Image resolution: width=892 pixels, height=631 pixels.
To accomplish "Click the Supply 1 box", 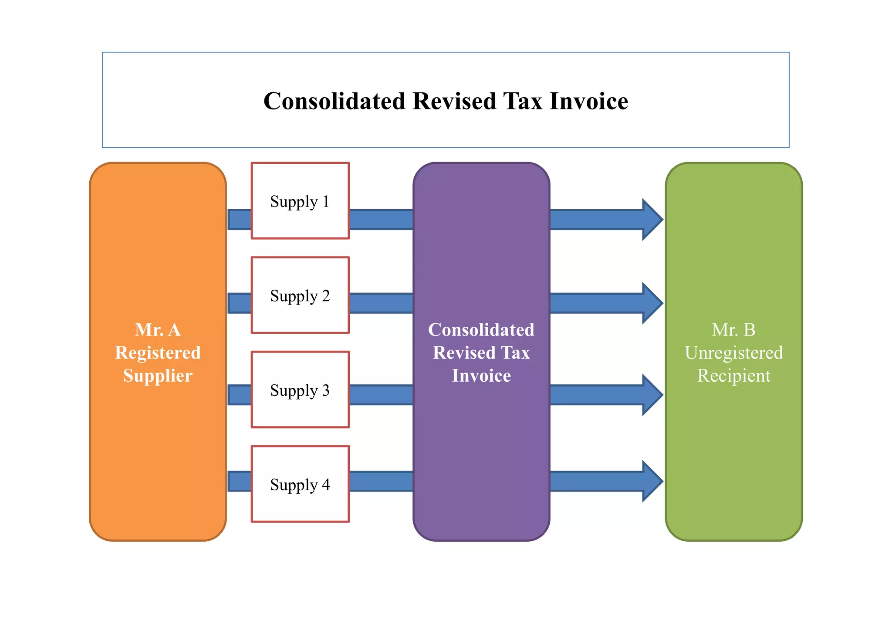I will pos(300,201).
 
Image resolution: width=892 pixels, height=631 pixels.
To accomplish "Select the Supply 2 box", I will pos(300,295).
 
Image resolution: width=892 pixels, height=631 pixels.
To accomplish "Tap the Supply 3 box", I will pos(300,390).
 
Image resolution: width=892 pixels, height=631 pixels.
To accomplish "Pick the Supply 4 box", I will pos(300,484).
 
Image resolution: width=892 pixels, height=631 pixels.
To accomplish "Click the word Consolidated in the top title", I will pos(334,101).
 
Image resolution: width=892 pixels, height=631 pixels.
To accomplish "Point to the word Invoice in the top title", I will pos(589,101).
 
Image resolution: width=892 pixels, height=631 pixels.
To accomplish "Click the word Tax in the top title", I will pos(523,101).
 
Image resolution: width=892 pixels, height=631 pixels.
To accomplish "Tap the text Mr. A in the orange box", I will pos(158,329).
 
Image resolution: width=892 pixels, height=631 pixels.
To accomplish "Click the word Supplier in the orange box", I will pos(158,376).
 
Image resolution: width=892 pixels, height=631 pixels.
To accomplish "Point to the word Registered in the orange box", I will pos(158,353).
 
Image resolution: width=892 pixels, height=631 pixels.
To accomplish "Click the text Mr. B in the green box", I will pos(733,329).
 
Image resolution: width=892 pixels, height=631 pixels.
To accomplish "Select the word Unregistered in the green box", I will pos(733,353).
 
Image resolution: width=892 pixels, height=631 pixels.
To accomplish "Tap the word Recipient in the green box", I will pos(733,376).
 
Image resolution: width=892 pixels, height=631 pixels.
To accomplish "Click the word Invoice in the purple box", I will pos(481,376).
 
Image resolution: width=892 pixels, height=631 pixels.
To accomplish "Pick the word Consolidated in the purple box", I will pos(481,329).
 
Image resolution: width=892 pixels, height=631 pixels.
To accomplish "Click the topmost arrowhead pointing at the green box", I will pos(652,220).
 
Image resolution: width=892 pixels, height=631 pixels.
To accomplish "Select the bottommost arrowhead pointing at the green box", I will pos(652,482).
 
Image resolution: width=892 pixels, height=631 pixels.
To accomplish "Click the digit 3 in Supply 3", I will pos(325,390).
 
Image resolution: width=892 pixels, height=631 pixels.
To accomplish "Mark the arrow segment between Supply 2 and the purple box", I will pos(381,303).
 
